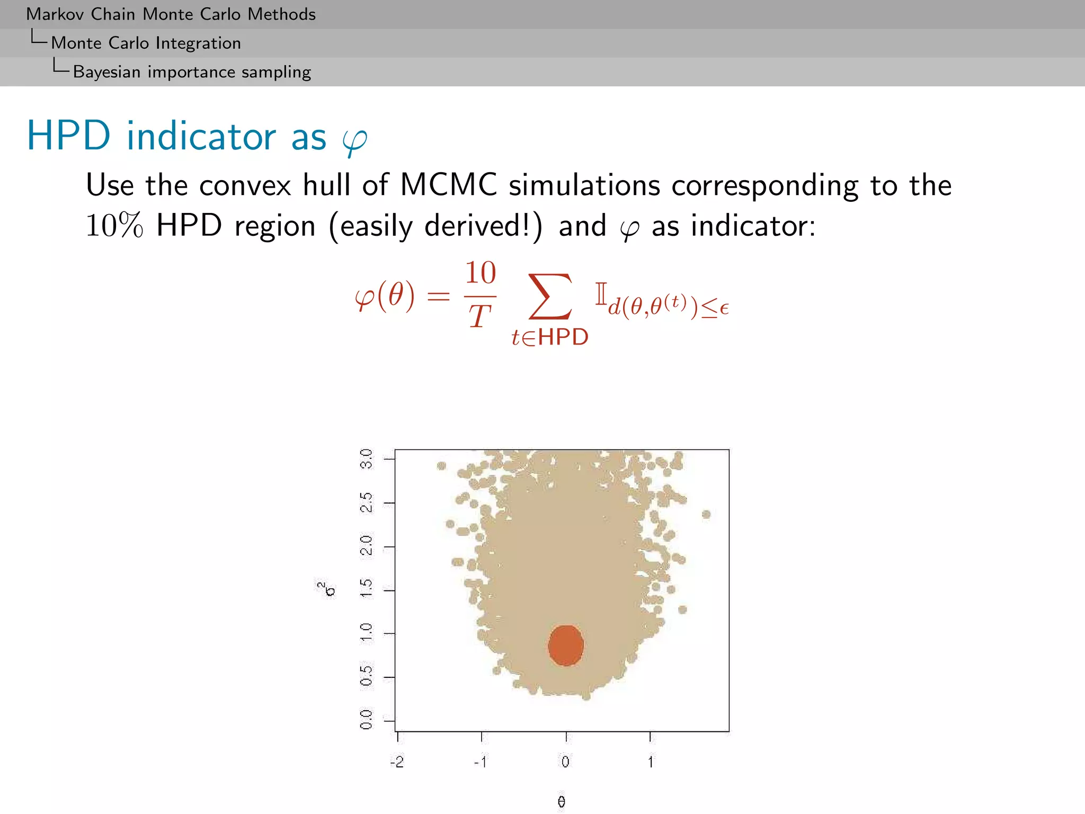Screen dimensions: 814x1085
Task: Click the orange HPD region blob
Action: [x=566, y=645]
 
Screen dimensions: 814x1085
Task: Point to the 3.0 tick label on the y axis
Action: [x=366, y=458]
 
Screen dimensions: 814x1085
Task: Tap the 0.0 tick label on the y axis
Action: [x=366, y=720]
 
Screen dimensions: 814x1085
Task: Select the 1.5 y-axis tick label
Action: [x=366, y=589]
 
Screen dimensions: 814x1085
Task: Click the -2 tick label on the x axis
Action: [x=397, y=762]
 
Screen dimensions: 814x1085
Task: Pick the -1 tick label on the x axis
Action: [x=481, y=762]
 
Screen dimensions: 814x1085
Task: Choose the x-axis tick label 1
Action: [x=651, y=762]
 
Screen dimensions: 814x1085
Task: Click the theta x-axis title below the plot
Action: [x=562, y=802]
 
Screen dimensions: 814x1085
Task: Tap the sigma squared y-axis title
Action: [x=327, y=589]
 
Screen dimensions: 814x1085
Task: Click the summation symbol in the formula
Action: [x=550, y=297]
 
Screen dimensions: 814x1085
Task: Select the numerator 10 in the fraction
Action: [x=480, y=273]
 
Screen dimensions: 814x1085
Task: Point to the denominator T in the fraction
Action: [x=479, y=316]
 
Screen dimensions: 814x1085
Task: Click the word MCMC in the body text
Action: [x=448, y=185]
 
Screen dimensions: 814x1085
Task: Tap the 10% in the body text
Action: [x=114, y=226]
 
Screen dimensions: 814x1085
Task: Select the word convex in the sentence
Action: [x=245, y=185]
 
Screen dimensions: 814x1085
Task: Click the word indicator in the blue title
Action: [x=201, y=136]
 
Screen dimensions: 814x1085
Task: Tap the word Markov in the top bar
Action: [x=55, y=14]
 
